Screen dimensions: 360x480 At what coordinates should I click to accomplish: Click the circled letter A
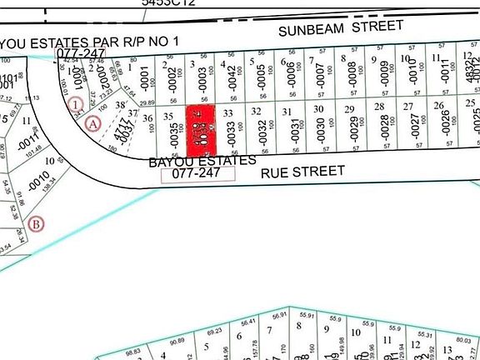coord(93,123)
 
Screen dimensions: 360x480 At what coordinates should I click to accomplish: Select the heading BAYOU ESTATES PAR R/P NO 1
coord(90,41)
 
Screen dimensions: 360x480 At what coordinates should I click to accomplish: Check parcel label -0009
coord(384,74)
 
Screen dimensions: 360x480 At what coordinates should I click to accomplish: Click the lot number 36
coord(147,118)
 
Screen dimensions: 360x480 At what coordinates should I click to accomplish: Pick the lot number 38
coord(119,106)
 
